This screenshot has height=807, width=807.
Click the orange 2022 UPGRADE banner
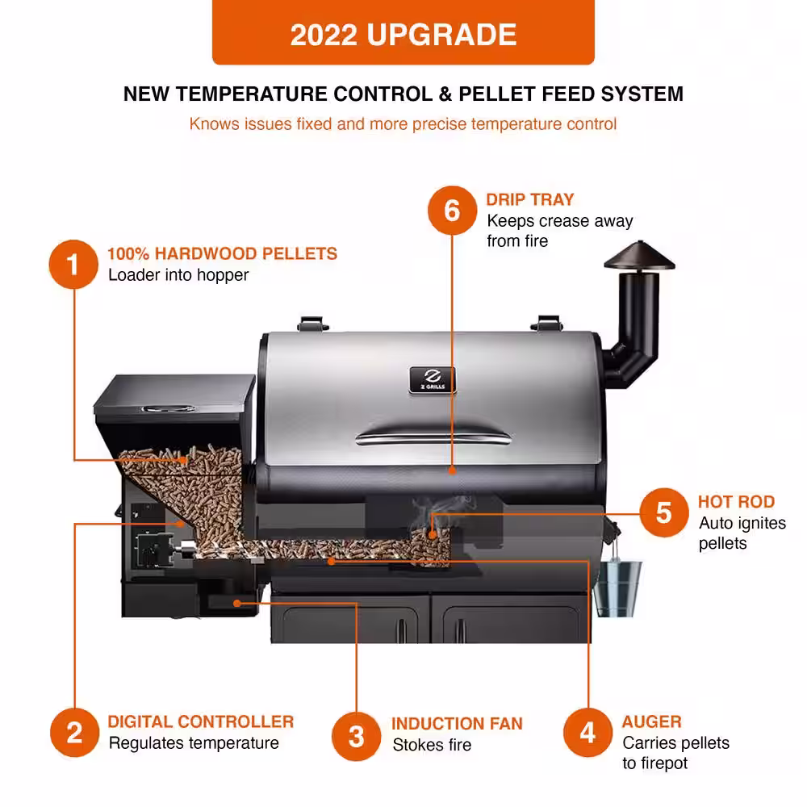(x=403, y=32)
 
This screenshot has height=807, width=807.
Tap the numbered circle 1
(x=73, y=264)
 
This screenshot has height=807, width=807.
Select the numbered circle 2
(x=74, y=733)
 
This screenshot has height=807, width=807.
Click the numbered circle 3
(x=356, y=736)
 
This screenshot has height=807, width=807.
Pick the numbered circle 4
(x=587, y=733)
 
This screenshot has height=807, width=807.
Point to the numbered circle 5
(x=664, y=512)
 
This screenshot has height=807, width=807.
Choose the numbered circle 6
(x=452, y=211)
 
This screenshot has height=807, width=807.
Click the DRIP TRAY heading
(x=529, y=199)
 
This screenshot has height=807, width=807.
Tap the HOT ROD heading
(x=736, y=502)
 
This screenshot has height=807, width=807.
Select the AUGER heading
(x=651, y=721)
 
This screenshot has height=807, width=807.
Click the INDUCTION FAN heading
(x=457, y=724)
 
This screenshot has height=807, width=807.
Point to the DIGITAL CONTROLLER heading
(x=201, y=721)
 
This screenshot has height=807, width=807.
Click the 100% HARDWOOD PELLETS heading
(x=223, y=253)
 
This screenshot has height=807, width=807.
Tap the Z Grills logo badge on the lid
(x=433, y=380)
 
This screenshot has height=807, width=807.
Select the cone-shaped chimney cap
(x=639, y=256)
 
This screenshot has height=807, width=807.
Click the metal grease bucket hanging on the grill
(x=617, y=587)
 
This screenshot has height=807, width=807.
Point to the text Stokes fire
(x=432, y=745)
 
